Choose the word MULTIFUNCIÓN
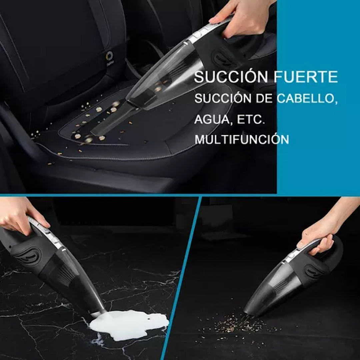242,140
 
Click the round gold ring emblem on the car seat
109,56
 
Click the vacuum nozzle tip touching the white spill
97,313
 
